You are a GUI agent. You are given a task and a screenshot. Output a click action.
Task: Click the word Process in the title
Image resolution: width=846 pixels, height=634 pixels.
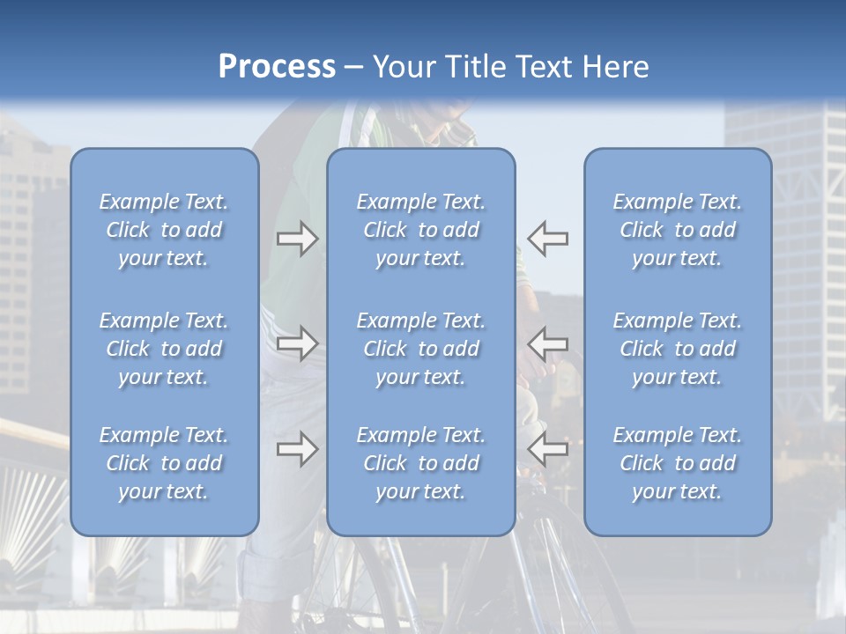[277, 67]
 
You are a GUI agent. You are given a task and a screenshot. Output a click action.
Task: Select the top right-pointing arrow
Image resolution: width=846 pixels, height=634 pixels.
[298, 239]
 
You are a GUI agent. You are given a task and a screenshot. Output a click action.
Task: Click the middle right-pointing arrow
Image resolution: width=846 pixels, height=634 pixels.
[298, 343]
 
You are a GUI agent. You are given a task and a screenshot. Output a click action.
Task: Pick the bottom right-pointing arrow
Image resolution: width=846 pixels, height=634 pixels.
[298, 449]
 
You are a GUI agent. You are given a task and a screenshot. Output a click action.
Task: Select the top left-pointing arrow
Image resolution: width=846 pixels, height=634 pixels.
[547, 239]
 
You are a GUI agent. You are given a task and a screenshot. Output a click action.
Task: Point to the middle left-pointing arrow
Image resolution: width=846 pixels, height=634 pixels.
[547, 343]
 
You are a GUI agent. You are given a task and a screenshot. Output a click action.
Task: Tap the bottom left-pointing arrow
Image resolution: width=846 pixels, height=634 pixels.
[547, 449]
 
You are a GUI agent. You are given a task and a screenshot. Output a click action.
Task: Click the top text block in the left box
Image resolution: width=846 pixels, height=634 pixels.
[164, 230]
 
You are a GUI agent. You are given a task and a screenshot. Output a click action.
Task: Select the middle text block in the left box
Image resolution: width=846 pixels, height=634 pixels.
[164, 349]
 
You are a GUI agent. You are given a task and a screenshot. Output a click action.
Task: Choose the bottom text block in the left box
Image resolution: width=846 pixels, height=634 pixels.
[164, 463]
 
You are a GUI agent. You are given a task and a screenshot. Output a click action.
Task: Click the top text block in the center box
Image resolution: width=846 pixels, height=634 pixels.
[420, 230]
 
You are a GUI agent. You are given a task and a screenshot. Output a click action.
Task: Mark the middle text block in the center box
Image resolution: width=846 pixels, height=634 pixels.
[420, 349]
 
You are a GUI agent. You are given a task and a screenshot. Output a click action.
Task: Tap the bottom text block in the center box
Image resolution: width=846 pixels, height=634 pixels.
[420, 463]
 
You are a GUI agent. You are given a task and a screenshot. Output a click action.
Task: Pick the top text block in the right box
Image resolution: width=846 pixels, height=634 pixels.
[677, 230]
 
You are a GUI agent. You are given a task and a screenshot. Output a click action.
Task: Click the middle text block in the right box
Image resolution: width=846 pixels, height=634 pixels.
[677, 349]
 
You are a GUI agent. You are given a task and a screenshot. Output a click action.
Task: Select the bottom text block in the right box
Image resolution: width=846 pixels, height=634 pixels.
[677, 463]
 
